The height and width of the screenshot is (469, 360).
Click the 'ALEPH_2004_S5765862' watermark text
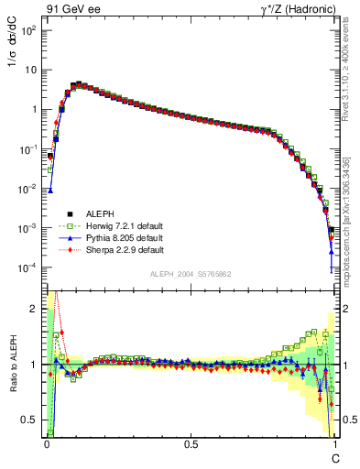pyautogui.click(x=190, y=275)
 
